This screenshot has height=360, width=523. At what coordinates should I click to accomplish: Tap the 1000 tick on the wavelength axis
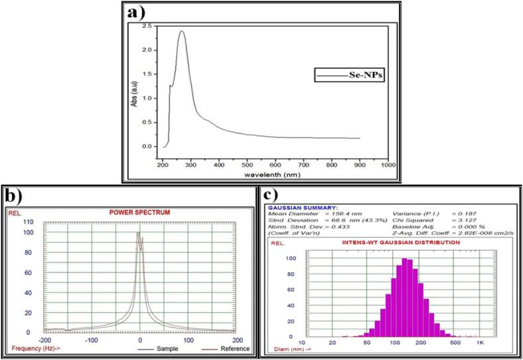tap(386, 165)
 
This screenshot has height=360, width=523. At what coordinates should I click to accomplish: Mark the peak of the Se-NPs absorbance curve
tap(181, 31)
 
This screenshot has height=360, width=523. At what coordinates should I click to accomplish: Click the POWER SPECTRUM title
tap(138, 213)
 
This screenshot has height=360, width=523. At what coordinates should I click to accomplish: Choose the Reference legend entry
tap(233, 347)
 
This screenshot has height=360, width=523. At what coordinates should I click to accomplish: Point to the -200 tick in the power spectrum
tap(44, 339)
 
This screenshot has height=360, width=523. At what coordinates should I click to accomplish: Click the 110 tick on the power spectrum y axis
tap(28, 221)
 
